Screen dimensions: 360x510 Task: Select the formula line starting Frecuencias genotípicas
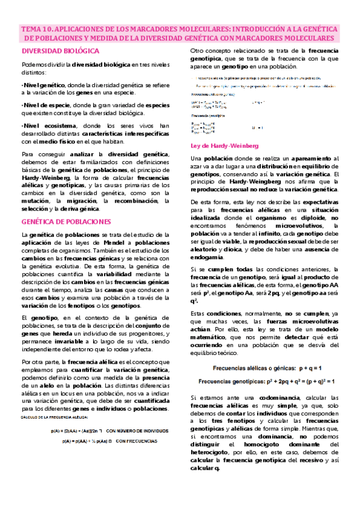267,381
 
